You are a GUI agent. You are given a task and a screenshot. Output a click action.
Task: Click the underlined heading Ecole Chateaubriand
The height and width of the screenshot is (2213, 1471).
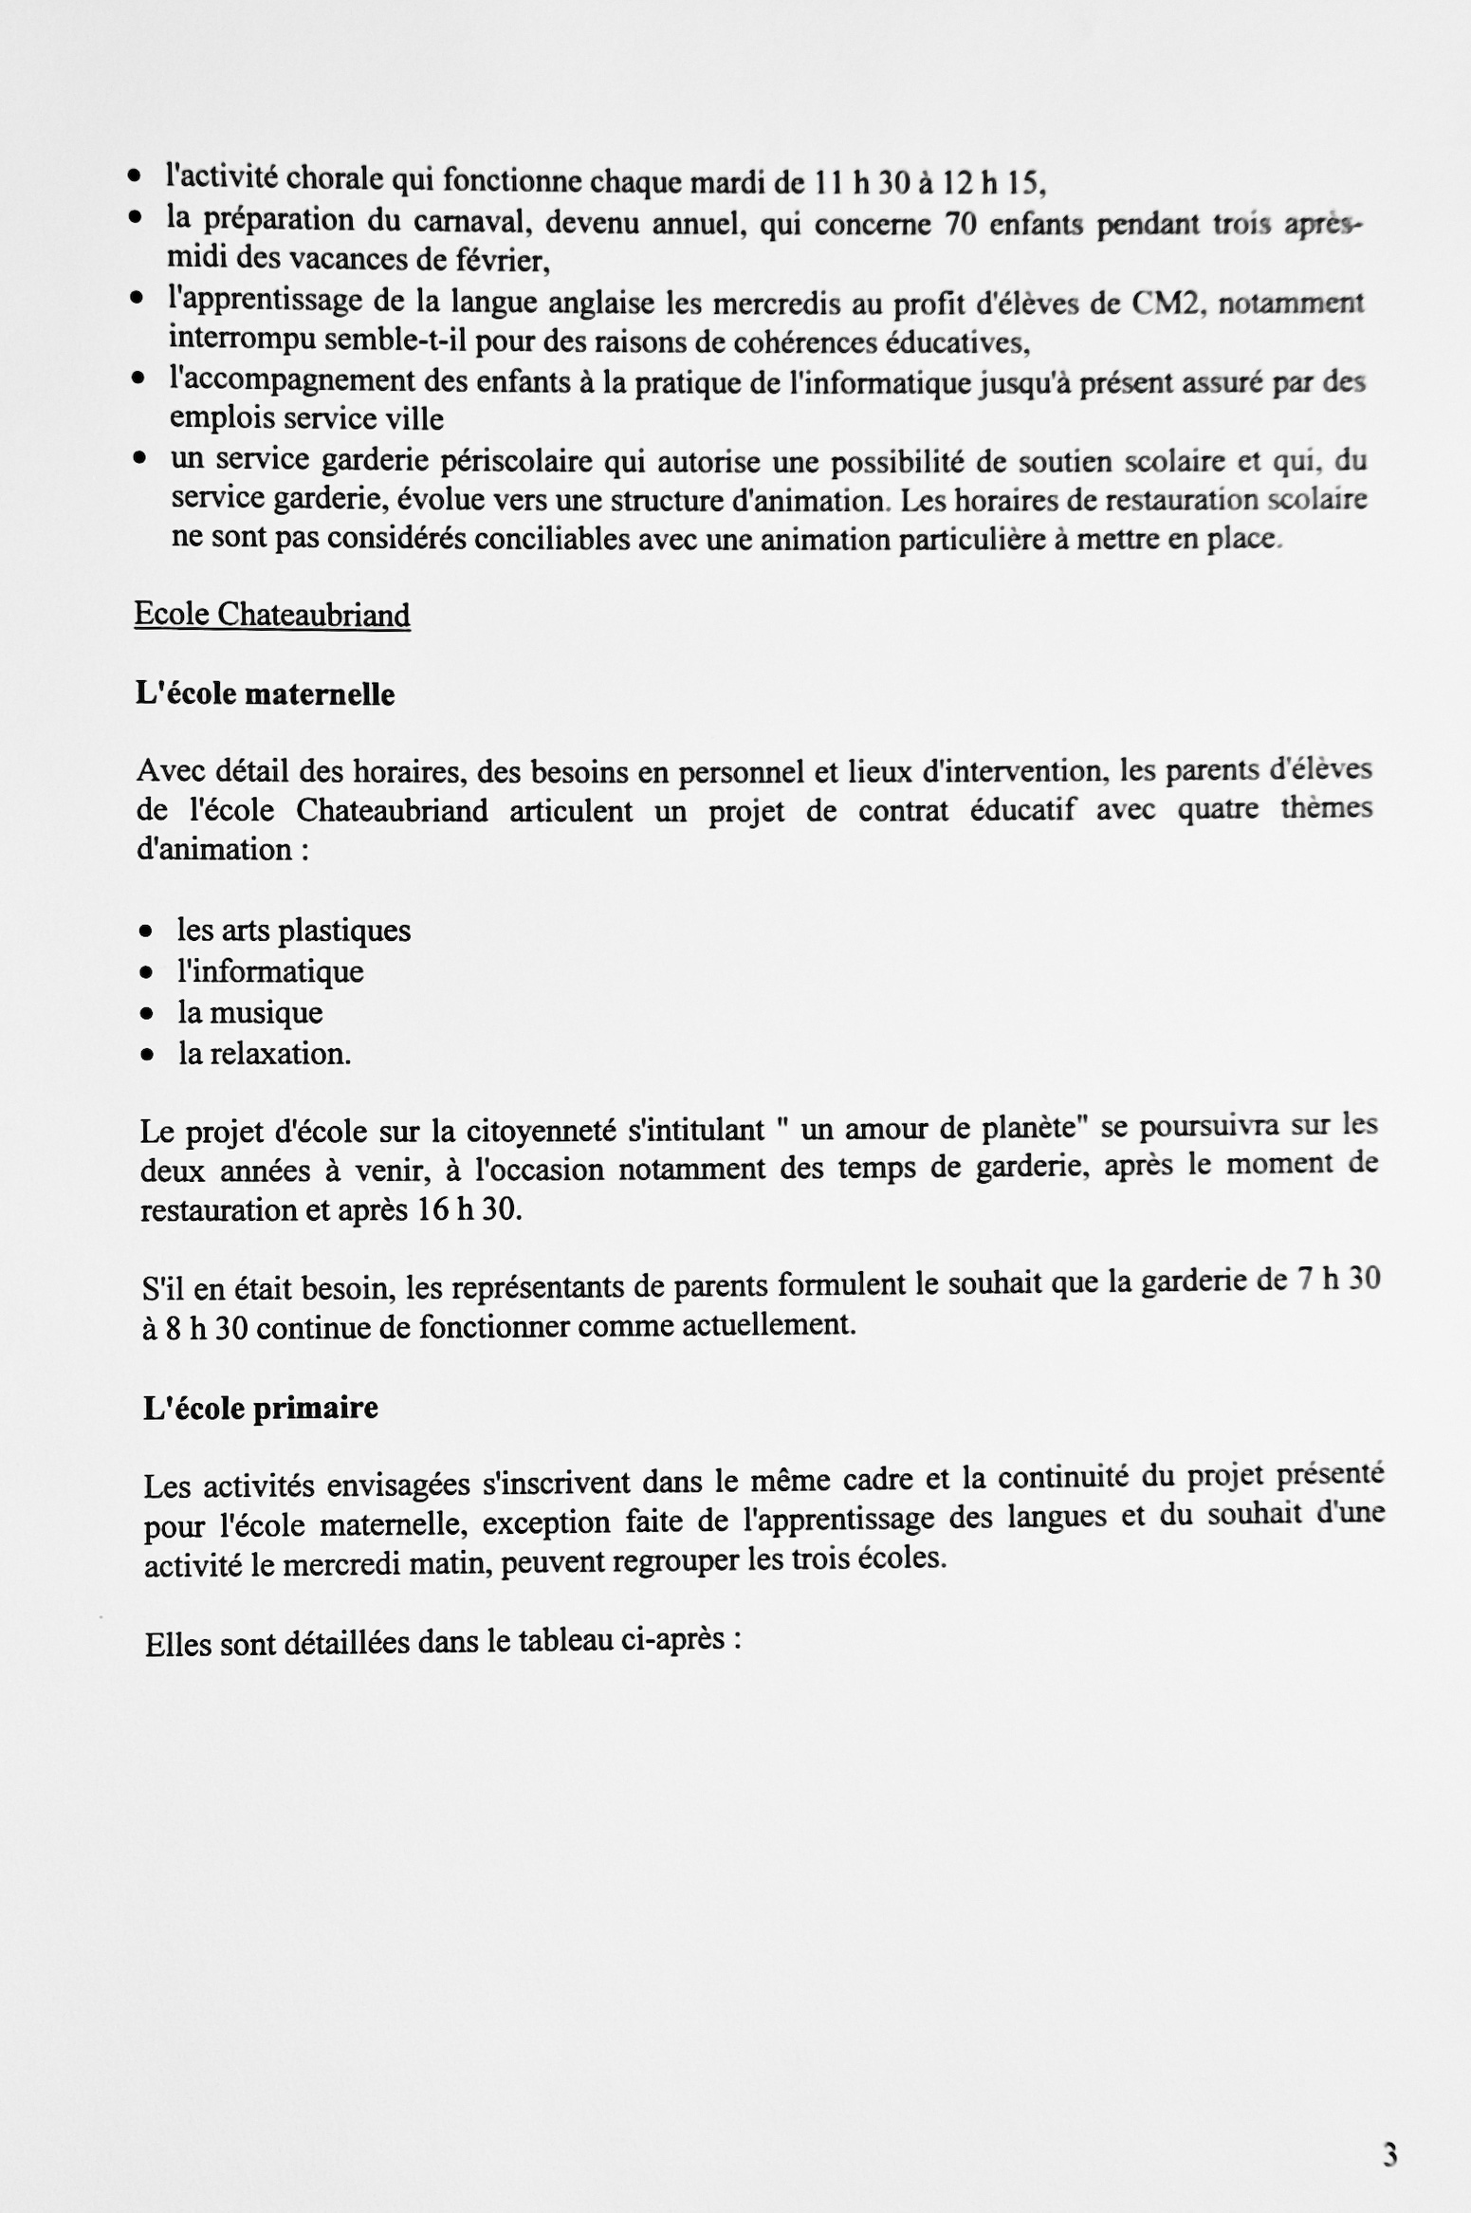272,615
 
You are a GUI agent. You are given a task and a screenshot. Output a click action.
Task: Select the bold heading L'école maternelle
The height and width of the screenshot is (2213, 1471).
266,694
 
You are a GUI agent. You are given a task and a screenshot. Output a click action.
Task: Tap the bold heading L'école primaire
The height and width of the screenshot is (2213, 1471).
261,1408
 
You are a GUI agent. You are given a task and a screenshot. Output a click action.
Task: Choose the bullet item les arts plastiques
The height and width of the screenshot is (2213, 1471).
294,930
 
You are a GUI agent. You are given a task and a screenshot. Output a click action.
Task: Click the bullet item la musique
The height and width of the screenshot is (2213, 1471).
250,1012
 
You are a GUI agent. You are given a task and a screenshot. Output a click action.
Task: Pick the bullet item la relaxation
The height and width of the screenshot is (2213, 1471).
265,1054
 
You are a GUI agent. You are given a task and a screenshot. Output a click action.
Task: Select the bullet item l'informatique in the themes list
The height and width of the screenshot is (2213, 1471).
271,971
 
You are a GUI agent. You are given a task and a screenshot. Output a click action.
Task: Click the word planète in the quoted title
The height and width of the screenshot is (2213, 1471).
1034,1129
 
